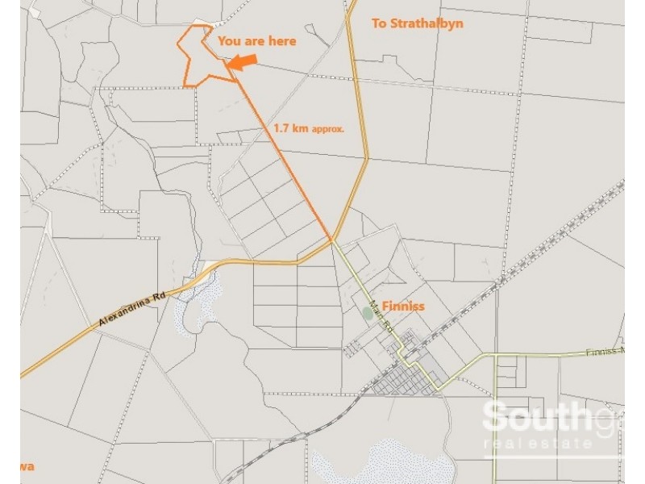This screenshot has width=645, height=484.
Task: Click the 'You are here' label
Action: [x=257, y=40]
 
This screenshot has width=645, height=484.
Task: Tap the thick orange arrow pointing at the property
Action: [x=242, y=62]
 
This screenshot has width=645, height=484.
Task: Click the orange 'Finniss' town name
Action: [x=403, y=307]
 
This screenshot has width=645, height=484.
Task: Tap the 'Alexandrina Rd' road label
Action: [x=131, y=309]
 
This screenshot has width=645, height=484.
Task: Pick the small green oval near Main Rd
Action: [x=368, y=313]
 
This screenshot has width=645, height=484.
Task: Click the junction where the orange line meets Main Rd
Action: [x=331, y=239]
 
